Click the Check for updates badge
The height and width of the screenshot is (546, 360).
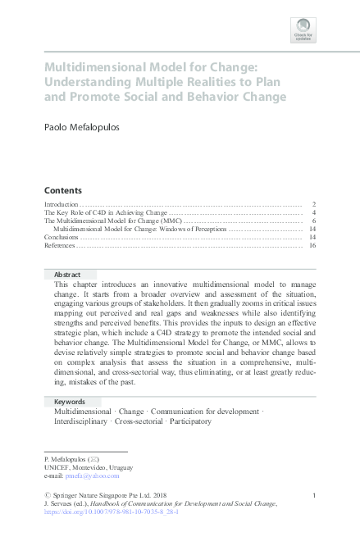tap(303, 30)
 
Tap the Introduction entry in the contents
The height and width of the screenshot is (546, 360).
tap(61, 203)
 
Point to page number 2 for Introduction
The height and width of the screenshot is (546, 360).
tap(314, 203)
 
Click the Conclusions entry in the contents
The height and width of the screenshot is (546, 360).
tap(62, 237)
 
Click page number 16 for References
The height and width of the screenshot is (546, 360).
tap(312, 245)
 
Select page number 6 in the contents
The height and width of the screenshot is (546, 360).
tap(314, 221)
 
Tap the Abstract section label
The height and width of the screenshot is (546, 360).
tap(67, 274)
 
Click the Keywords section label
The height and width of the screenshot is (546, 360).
tap(70, 402)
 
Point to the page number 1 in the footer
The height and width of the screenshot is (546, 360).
tap(314, 494)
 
